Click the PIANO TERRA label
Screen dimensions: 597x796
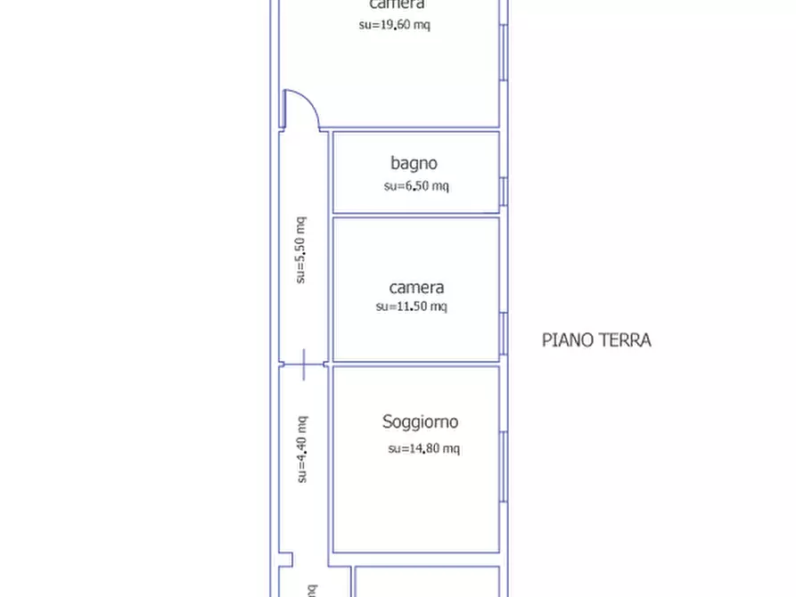point(596,339)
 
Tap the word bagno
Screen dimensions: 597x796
point(414,163)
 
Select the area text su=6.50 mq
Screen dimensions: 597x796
point(416,186)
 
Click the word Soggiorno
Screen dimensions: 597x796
point(420,422)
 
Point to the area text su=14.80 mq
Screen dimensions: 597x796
point(423,449)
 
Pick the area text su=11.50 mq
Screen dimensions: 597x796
point(411,307)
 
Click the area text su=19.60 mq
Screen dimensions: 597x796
point(394,25)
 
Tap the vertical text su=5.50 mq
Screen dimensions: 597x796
point(301,250)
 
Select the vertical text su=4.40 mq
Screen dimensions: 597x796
point(301,449)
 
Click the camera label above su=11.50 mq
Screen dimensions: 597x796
point(416,288)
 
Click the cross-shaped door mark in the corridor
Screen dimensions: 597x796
point(303,364)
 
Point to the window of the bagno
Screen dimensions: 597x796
point(504,191)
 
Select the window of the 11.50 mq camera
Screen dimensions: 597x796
point(504,333)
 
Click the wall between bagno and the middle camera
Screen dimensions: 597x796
point(415,215)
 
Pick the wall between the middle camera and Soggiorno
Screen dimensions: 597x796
point(415,364)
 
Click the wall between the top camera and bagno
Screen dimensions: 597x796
point(415,129)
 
